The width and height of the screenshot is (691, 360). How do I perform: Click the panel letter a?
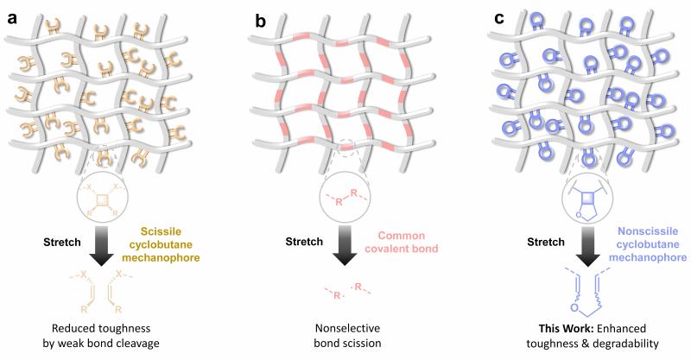coord(13,16)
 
